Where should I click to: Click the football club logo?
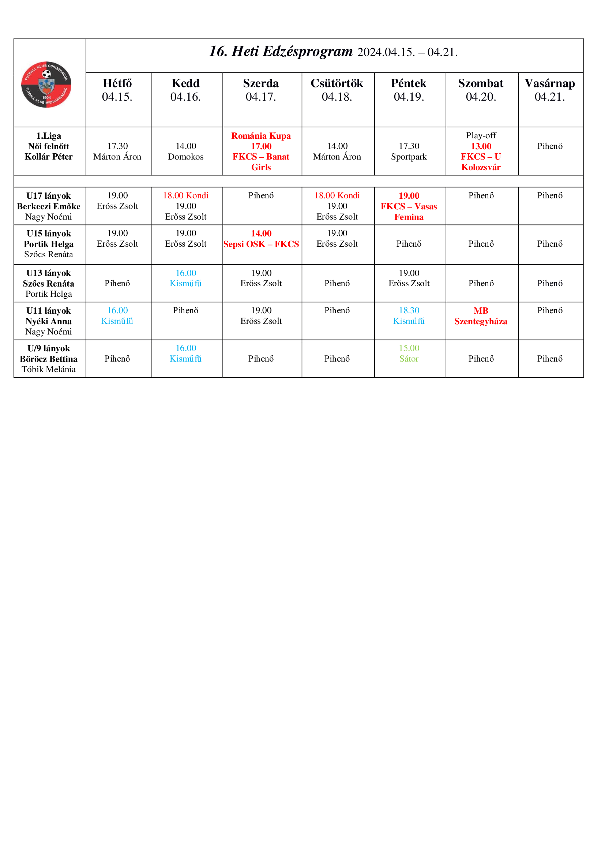pyautogui.click(x=46, y=85)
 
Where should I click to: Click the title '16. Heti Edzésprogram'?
pyautogui.click(x=281, y=52)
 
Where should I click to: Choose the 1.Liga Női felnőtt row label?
pyautogui.click(x=48, y=146)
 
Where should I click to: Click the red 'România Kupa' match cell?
pyautogui.click(x=261, y=152)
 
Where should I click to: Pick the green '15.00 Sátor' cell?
pyautogui.click(x=409, y=354)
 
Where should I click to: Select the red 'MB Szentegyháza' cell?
pyautogui.click(x=481, y=316)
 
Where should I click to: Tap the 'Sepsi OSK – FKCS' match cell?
pyautogui.click(x=261, y=239)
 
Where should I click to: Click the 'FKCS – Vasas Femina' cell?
pyautogui.click(x=409, y=206)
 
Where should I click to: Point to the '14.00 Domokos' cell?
pyautogui.click(x=185, y=152)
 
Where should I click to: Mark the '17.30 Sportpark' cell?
pyautogui.click(x=409, y=152)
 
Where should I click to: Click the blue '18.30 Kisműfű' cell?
pyautogui.click(x=409, y=316)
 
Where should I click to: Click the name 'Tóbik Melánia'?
pyautogui.click(x=48, y=370)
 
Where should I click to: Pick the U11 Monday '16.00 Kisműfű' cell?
pyautogui.click(x=117, y=316)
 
